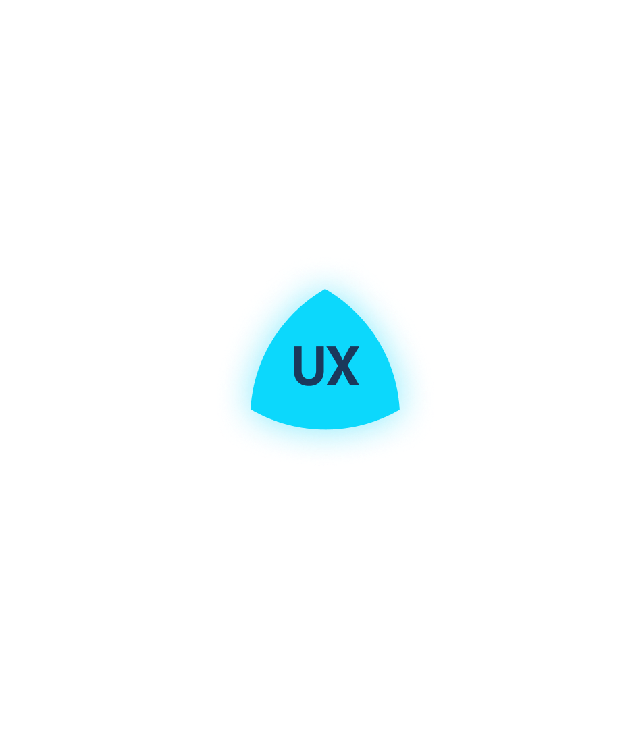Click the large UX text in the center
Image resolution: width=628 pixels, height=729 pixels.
[x=325, y=366]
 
